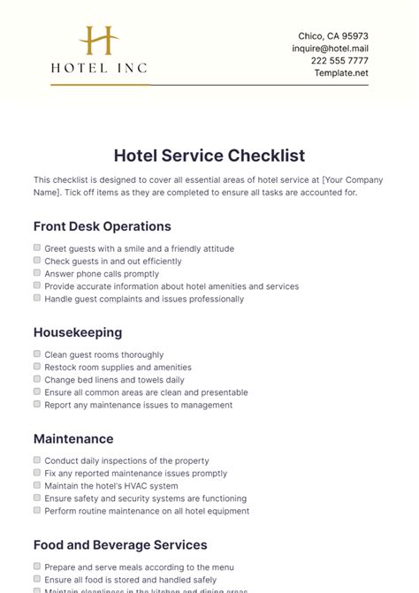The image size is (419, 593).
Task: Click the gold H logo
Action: pyautogui.click(x=98, y=42)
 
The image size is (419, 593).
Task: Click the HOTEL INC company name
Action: pyautogui.click(x=98, y=67)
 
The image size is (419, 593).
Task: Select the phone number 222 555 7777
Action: pyautogui.click(x=340, y=61)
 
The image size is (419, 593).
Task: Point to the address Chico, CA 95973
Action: pyautogui.click(x=333, y=36)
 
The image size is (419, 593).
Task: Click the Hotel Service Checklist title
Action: pyautogui.click(x=209, y=156)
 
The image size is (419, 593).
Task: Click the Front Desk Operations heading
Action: pyautogui.click(x=102, y=226)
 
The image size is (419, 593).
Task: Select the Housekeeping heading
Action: pyautogui.click(x=78, y=332)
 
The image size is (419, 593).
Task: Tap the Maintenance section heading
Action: pyautogui.click(x=73, y=438)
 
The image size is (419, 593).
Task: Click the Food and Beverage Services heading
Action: pyautogui.click(x=120, y=544)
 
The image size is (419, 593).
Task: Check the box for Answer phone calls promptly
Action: pyautogui.click(x=37, y=273)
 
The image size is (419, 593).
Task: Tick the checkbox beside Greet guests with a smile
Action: pyautogui.click(x=37, y=248)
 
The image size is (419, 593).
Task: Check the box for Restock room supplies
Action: pyautogui.click(x=37, y=367)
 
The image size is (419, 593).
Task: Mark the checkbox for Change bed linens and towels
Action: pyautogui.click(x=37, y=379)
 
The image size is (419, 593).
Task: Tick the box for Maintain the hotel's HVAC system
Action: pyautogui.click(x=37, y=485)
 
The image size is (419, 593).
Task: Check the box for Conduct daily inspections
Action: pyautogui.click(x=37, y=460)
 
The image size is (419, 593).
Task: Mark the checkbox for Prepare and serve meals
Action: pyautogui.click(x=37, y=566)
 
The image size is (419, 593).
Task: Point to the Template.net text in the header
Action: pyautogui.click(x=341, y=73)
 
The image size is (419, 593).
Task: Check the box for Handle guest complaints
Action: pyautogui.click(x=37, y=299)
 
